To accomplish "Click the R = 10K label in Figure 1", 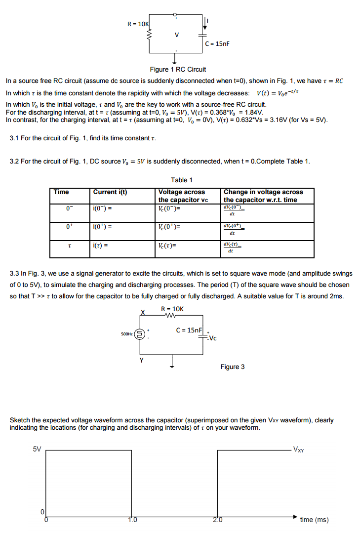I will pos(138,24).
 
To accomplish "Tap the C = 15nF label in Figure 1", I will pos(218,44).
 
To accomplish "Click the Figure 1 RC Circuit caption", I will pos(178,69).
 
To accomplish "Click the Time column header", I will pos(62,192).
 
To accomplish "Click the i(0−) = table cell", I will pos(102,208).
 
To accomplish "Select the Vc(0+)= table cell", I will pos(169,227).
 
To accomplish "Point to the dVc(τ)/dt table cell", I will pos(232,247).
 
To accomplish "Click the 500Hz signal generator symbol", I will pos(140,334).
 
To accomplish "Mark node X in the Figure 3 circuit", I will pos(142,312).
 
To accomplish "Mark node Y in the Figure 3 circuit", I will pos(142,360).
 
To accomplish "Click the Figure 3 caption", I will pos(232,367).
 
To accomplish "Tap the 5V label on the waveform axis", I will pos(37,449).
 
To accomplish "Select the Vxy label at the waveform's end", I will pos(299,450).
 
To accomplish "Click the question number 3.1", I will pos(15,137).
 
